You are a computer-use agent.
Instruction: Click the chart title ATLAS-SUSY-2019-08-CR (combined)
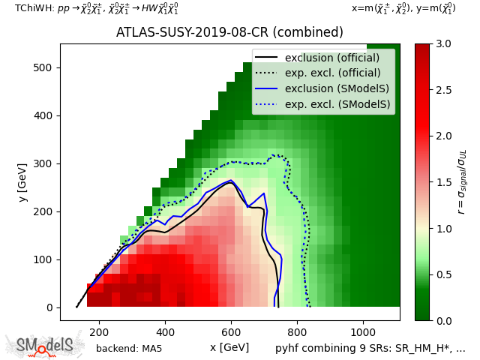229,33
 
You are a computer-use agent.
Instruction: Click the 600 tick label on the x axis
231,331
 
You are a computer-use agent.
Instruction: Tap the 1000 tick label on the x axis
363,331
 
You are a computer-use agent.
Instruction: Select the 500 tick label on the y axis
43,67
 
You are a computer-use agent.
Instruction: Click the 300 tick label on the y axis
43,163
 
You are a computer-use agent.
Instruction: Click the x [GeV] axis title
229,347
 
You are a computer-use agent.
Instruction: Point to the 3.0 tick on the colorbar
443,43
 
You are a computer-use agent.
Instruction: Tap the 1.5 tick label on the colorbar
443,182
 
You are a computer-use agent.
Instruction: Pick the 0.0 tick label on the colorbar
443,320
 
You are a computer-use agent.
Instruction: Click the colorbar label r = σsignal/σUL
461,182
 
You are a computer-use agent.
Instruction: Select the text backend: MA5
129,349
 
